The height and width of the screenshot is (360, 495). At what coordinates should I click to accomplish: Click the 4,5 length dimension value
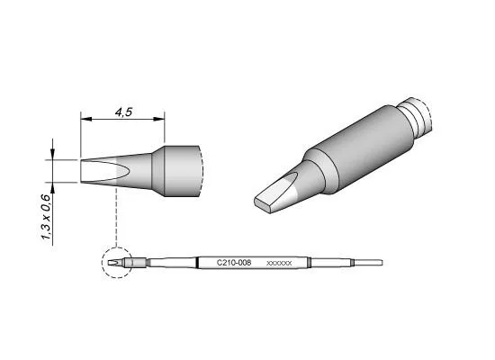click(x=125, y=113)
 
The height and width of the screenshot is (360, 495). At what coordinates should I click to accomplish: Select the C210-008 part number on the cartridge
click(x=234, y=262)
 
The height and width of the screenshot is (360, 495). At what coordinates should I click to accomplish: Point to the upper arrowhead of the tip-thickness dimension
click(x=57, y=155)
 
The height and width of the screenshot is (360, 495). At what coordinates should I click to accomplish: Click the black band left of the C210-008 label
click(x=198, y=262)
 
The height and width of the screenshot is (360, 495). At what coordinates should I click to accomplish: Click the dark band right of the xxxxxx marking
click(x=310, y=262)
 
